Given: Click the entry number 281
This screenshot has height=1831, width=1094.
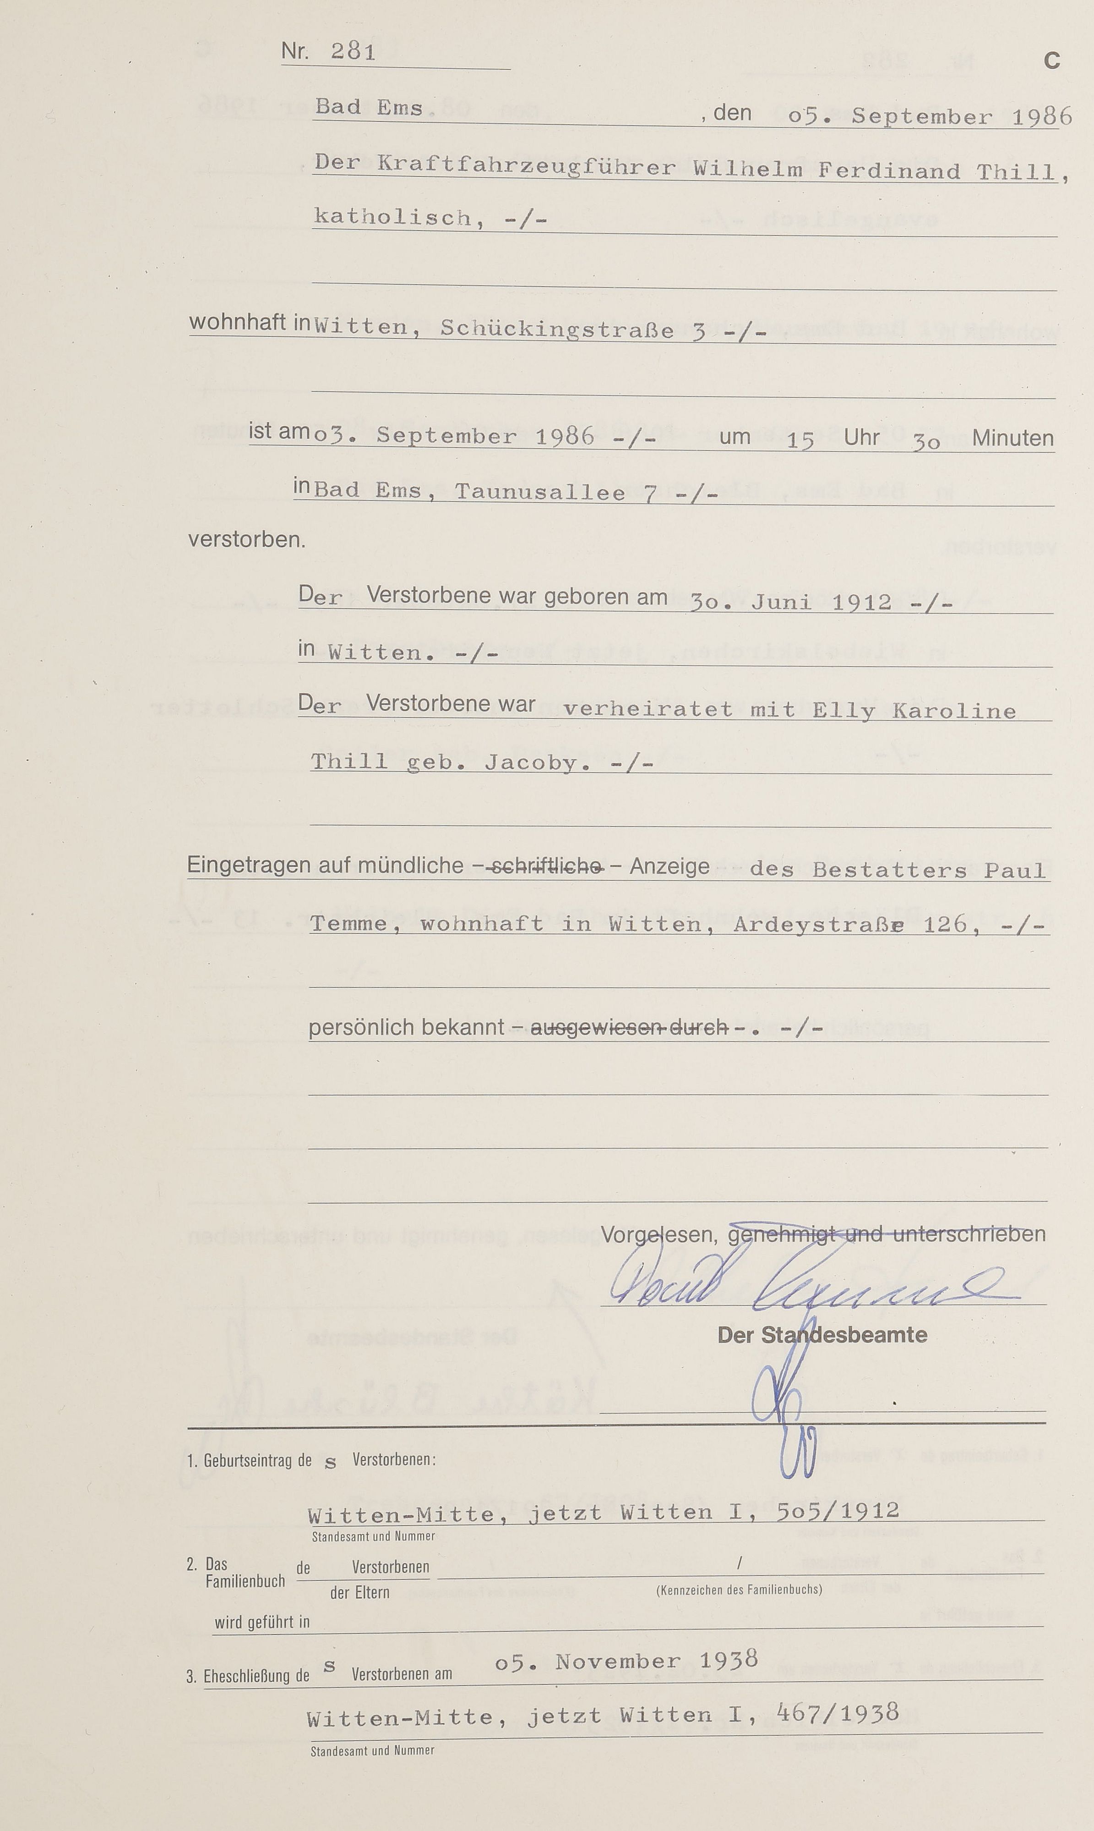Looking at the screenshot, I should pyautogui.click(x=353, y=52).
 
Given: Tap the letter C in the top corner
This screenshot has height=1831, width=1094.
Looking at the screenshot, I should pyautogui.click(x=1051, y=60).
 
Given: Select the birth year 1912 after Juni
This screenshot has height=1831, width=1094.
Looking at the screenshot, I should pyautogui.click(x=862, y=603).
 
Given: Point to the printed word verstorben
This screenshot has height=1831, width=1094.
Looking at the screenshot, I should pyautogui.click(x=247, y=540).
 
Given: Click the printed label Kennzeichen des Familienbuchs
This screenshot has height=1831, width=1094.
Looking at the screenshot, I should pyautogui.click(x=739, y=1589).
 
